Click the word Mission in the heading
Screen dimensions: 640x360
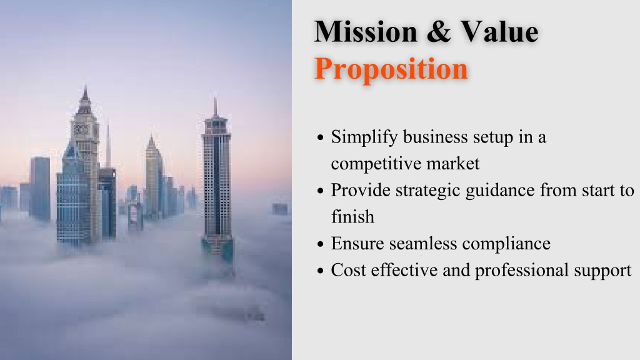[x=365, y=31]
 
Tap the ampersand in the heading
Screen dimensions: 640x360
[x=439, y=32]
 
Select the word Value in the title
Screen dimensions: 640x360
[x=499, y=31]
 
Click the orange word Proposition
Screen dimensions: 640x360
[x=391, y=69]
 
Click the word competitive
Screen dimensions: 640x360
[x=376, y=164]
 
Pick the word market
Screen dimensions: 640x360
[x=453, y=164]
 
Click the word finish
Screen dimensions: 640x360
[x=352, y=216]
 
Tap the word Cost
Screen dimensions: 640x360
[x=348, y=270]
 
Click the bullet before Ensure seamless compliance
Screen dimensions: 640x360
[x=321, y=244]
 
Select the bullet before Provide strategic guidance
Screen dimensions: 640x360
[x=321, y=191]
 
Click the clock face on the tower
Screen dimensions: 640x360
[x=81, y=130]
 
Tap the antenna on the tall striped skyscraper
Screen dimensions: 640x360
[x=215, y=107]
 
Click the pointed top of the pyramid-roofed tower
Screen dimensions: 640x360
[x=151, y=135]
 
